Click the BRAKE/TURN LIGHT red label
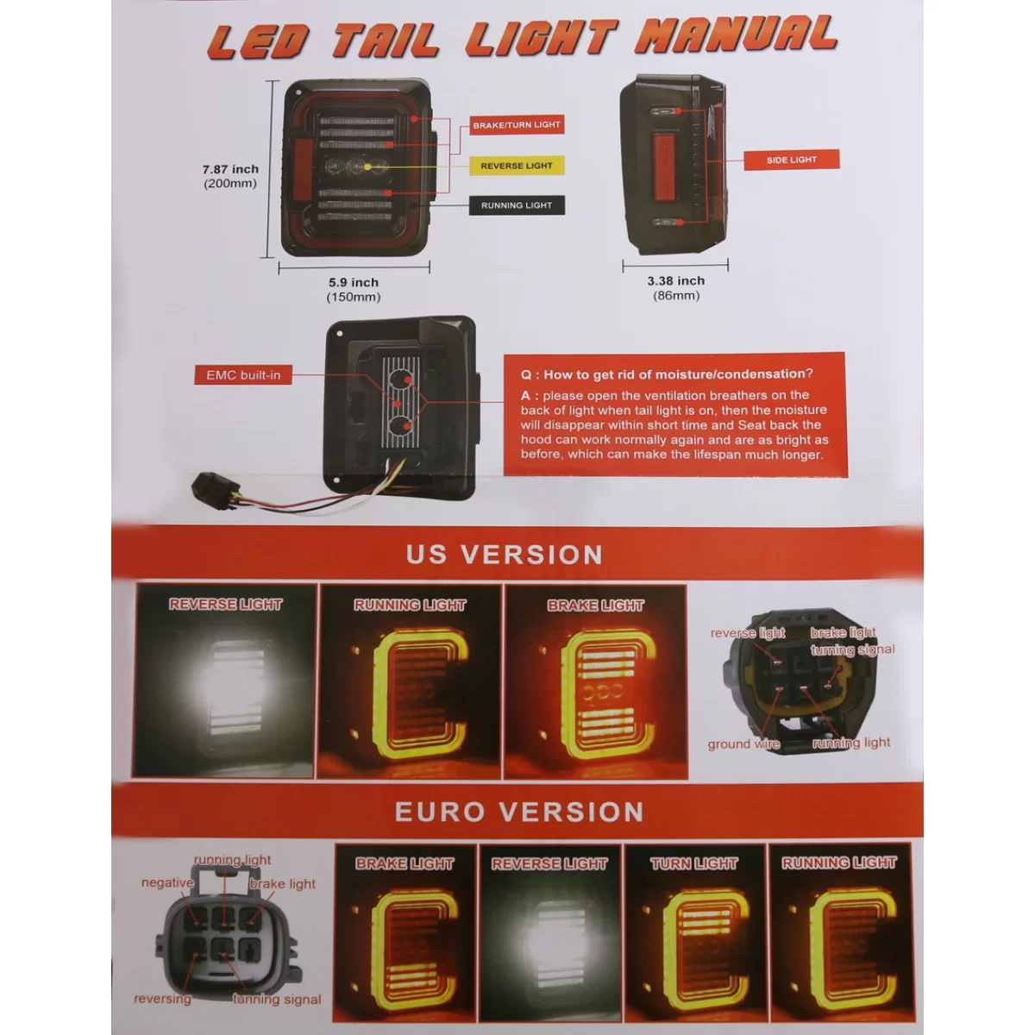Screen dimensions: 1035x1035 [517, 124]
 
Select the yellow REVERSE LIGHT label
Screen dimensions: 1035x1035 [517, 166]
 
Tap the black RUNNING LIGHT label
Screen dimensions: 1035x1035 [517, 205]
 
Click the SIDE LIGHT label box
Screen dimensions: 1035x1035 [792, 160]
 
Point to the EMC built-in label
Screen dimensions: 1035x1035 [243, 375]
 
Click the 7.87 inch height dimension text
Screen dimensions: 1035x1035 [230, 176]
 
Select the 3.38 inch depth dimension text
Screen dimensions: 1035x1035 [675, 288]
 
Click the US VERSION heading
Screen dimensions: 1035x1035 [505, 555]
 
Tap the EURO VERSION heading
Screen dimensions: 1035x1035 [519, 812]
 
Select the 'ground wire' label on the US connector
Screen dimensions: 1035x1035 [743, 744]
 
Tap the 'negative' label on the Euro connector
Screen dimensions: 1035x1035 [167, 882]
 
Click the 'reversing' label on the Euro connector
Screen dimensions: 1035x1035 [162, 999]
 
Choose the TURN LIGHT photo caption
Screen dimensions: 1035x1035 [694, 863]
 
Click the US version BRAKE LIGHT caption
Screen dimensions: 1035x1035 [595, 605]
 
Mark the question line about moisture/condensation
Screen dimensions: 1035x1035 [667, 373]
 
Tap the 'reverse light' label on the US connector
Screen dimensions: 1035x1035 [748, 633]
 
